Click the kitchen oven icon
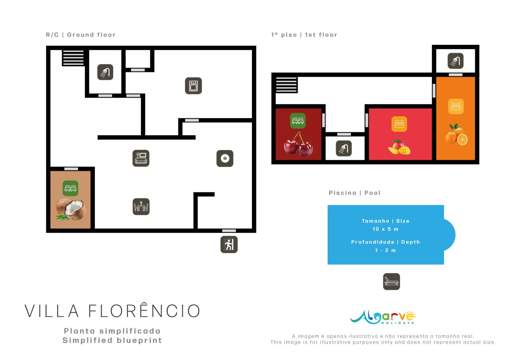click(193, 86)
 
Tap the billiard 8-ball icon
click(225, 158)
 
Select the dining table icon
click(141, 207)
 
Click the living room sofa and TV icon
click(141, 158)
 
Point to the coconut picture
click(70, 210)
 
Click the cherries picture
click(298, 144)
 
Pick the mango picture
click(399, 147)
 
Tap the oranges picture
click(456, 135)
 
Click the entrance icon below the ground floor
click(229, 244)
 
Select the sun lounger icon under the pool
click(391, 282)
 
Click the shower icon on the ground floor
click(105, 72)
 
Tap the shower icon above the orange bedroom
click(455, 61)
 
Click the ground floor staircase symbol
click(73, 58)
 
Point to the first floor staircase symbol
click(286, 85)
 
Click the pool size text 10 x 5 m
click(385, 229)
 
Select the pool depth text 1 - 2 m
click(385, 250)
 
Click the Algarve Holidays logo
click(382, 317)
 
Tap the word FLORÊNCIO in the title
click(144, 311)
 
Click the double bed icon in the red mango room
click(399, 124)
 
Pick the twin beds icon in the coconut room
click(70, 188)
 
